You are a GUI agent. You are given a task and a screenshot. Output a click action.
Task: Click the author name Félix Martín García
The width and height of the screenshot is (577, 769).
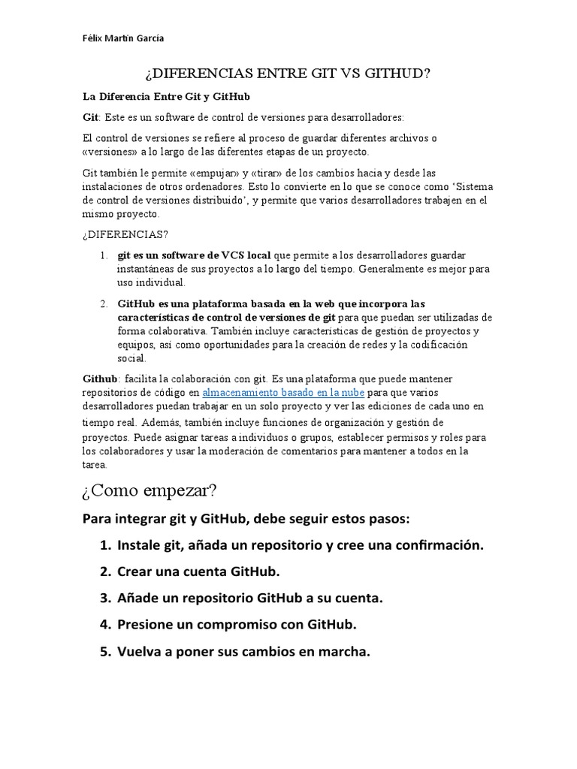(x=122, y=38)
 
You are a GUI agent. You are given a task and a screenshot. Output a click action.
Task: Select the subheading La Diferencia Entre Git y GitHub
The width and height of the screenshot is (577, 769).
(x=166, y=97)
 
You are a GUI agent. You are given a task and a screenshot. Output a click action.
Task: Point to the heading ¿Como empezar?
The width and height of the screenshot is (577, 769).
(x=150, y=491)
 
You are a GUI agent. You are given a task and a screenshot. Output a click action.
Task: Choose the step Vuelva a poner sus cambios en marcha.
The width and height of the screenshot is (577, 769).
(x=244, y=652)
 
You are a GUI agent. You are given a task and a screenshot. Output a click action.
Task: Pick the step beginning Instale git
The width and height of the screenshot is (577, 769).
(x=301, y=545)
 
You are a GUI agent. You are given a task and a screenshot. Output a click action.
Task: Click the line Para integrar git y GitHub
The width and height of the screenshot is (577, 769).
(x=246, y=519)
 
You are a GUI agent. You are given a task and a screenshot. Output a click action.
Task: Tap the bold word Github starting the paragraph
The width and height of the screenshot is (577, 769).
(x=100, y=378)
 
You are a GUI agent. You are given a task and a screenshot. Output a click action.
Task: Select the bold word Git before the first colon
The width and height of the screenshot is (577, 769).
(x=90, y=118)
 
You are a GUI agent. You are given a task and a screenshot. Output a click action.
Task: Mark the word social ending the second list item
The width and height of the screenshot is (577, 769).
(x=131, y=358)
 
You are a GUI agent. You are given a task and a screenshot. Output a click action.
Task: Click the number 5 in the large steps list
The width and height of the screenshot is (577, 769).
(x=105, y=652)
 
